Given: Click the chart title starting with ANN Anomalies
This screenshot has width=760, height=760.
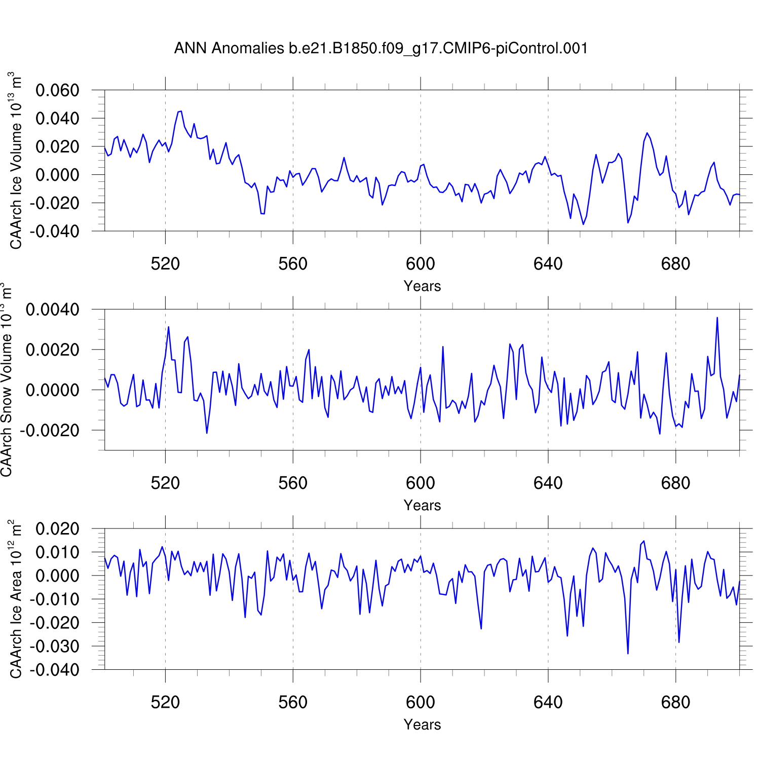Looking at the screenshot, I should coord(381,49).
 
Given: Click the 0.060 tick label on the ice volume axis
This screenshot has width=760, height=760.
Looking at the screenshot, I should coord(57,91).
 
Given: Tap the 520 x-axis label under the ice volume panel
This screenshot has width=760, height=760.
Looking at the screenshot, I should coord(165,264).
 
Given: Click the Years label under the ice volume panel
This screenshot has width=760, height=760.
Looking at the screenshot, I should coord(422,286).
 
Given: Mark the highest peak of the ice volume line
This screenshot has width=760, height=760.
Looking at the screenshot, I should coord(180,111).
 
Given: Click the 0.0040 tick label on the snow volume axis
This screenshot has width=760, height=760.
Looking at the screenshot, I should coord(53,310).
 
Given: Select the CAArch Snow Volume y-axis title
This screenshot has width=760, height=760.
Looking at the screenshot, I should coord(7,380).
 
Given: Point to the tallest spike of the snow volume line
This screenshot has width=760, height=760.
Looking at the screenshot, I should coord(717,318).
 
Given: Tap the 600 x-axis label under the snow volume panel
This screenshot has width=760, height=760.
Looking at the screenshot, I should coord(421,483).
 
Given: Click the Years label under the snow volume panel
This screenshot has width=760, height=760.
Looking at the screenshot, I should coord(422,506).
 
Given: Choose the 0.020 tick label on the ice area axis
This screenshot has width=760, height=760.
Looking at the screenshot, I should coord(57,529).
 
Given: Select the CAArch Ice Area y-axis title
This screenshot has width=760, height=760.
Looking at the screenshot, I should coord(16,599).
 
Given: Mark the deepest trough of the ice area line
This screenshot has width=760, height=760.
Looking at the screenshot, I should coord(628,654).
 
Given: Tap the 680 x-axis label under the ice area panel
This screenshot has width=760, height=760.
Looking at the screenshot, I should coord(675,703).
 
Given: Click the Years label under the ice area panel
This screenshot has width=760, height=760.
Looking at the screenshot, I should coord(422,725).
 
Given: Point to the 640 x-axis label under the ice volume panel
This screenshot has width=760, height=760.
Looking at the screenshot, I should coord(548,264).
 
